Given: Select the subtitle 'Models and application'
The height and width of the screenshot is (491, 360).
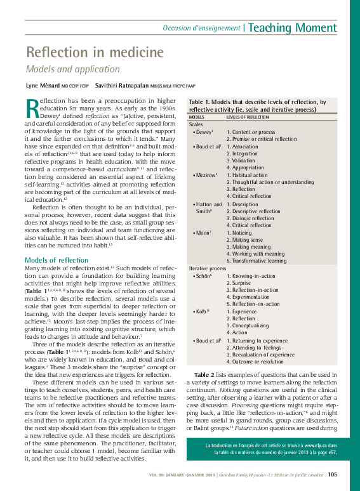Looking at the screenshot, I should pos(72,69).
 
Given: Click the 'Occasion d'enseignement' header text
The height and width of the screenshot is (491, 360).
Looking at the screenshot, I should pos(201,28).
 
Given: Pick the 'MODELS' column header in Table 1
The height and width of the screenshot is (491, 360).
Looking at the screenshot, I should pos(197,117).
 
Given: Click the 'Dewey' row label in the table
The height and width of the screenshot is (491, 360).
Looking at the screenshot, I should pos(203,131).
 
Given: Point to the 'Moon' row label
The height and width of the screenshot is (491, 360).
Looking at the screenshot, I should pos(203,233).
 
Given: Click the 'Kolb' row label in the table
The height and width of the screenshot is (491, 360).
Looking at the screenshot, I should pos(202,311).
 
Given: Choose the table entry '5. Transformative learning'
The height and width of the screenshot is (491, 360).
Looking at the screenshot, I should pos(257,261).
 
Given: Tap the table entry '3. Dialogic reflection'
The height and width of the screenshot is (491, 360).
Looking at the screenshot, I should pos(253,218).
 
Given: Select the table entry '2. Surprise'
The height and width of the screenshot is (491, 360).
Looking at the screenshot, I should pos(241,283).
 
